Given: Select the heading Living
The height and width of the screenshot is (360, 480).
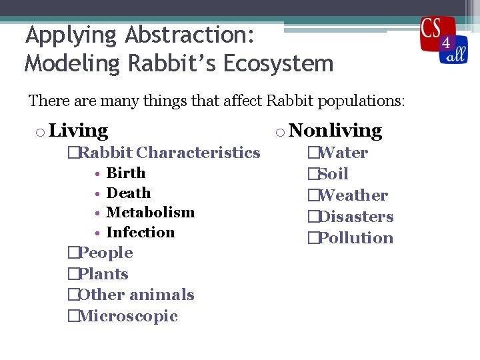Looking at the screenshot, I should tap(78, 131).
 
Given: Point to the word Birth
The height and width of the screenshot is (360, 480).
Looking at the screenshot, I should tap(125, 173).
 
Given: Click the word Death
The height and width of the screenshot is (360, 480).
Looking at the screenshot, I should tap(129, 193).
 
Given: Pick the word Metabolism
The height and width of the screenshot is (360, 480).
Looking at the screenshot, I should tap(150, 213).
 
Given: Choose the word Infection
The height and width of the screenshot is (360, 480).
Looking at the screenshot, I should tap(140, 233).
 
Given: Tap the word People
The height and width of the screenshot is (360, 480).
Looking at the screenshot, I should tap(105, 253).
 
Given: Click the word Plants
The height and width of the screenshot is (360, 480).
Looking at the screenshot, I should tap(103, 274).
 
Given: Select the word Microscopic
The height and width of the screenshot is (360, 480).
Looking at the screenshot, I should tap(127, 316).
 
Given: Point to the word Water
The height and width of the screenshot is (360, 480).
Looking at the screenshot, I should tap(343, 153).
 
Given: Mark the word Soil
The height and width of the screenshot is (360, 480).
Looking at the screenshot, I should tap(333, 174).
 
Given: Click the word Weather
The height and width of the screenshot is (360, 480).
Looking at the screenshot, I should tap(353, 195).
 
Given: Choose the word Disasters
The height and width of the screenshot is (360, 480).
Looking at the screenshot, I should tap(356, 217).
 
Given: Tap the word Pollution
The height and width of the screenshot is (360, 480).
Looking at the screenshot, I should tap(355, 238).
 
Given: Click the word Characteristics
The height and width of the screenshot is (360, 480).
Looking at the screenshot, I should tap(198, 153).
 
